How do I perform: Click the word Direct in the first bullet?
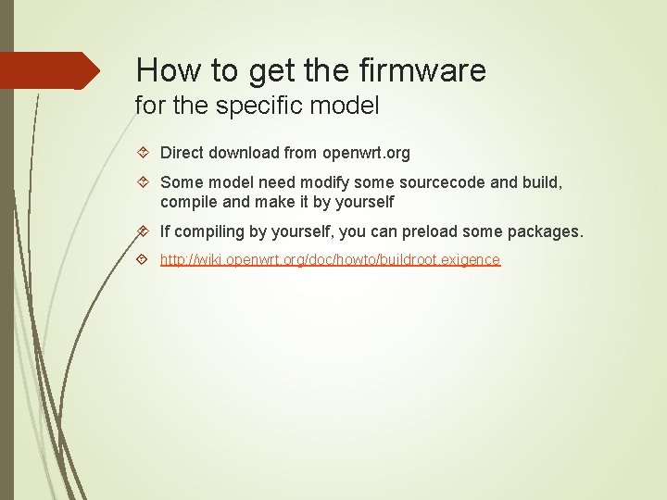click(x=182, y=152)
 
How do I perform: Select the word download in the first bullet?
click(x=244, y=152)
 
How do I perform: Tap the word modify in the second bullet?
click(x=328, y=183)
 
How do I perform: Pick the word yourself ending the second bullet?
click(x=364, y=201)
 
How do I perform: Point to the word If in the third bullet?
click(x=165, y=231)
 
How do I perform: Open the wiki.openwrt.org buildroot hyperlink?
click(x=330, y=260)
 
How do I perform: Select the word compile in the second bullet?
click(x=187, y=201)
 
